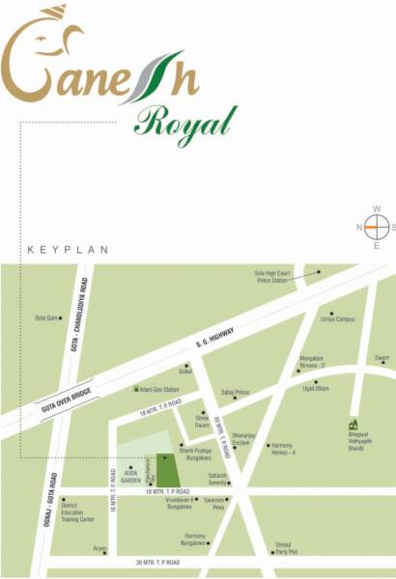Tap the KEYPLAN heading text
pos(61,249)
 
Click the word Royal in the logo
pos(185,124)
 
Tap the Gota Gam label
pos(47,317)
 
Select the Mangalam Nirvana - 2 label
pos(315,363)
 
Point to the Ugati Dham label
pos(317,387)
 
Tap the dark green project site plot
pos(168,470)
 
